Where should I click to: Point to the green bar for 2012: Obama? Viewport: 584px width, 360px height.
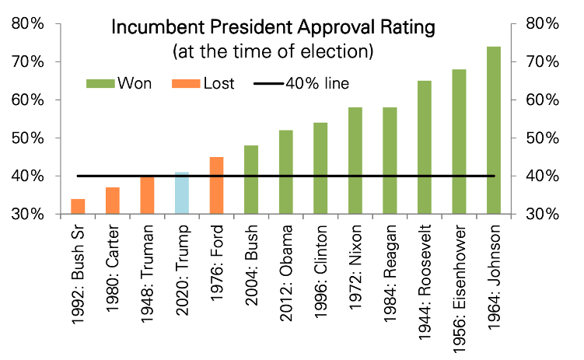[x=285, y=172]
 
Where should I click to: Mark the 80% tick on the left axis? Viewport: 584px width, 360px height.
[x=27, y=23]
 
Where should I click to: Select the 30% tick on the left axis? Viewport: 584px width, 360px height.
[x=27, y=215]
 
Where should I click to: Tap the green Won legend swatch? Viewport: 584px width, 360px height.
[x=99, y=82]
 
